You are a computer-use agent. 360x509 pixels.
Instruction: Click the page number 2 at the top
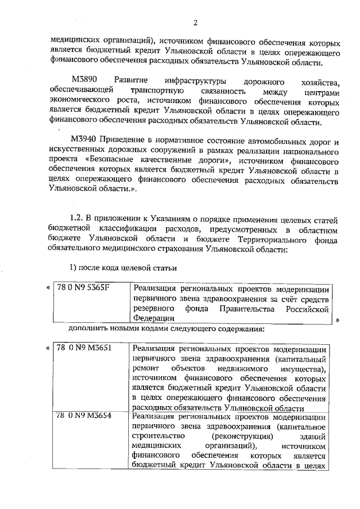(x=195, y=22)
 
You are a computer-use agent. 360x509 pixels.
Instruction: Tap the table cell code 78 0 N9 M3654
(x=84, y=417)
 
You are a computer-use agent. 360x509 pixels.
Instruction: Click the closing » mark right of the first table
(x=338, y=319)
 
